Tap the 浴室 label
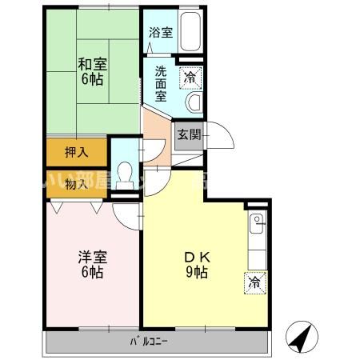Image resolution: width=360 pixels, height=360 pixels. [160, 33]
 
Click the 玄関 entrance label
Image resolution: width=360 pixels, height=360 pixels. [189, 134]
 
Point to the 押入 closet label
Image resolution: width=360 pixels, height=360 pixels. [75, 150]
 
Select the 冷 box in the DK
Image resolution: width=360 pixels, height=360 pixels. [254, 282]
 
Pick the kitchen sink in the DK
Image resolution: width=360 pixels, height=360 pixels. [256, 227]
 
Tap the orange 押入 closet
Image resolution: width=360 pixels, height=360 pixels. [75, 151]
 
